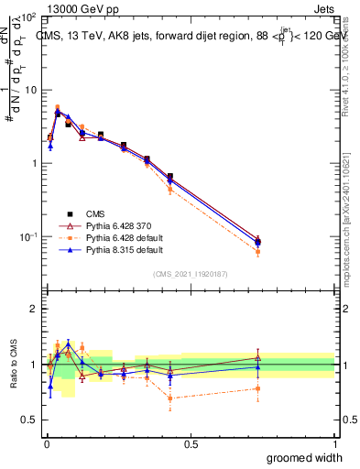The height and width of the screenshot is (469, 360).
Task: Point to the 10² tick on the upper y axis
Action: [27, 18]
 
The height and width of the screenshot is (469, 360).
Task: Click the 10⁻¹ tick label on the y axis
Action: [27, 236]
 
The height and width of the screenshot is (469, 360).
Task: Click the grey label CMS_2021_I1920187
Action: [191, 274]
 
